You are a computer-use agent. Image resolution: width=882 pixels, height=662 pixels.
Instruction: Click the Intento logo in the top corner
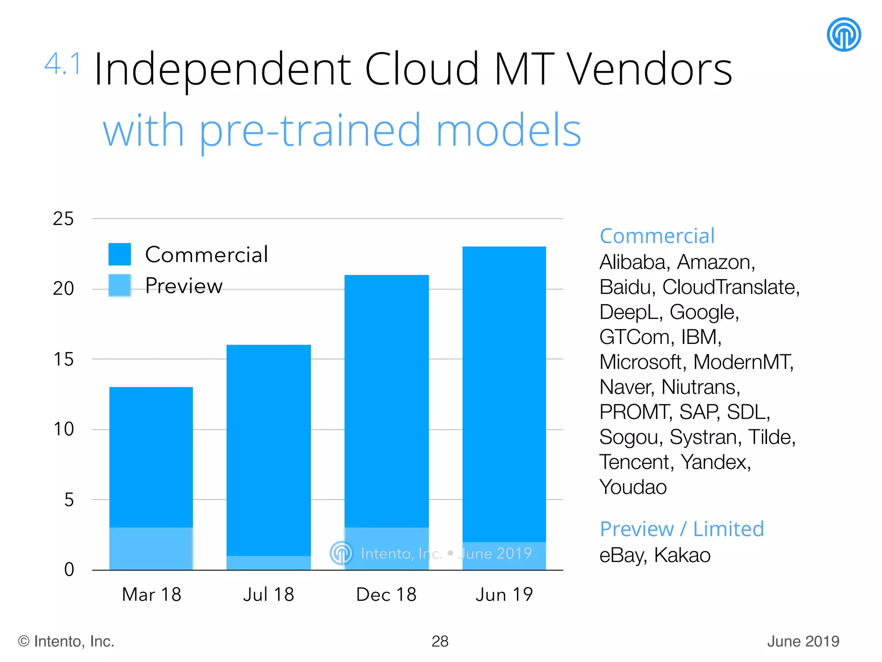(x=843, y=34)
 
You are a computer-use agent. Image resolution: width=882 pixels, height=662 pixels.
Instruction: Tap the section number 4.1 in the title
(x=63, y=64)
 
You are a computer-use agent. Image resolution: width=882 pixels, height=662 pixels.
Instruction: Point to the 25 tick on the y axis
(x=63, y=219)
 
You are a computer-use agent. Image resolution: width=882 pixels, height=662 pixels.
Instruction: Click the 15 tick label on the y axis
(x=63, y=359)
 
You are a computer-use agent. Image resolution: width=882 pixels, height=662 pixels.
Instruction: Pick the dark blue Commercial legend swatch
(x=120, y=254)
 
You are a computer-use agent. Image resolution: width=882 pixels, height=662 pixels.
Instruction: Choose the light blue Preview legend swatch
(x=120, y=285)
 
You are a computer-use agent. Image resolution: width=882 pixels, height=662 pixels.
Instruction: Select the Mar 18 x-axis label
(x=152, y=595)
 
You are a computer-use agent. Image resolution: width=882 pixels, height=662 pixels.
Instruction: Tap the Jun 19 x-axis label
(x=504, y=595)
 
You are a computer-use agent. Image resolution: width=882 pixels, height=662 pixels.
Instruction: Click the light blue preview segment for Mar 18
(x=151, y=548)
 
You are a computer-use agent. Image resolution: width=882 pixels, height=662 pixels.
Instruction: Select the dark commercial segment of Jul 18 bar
(x=268, y=448)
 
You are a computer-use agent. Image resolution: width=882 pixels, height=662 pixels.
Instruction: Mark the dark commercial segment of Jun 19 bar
(x=504, y=388)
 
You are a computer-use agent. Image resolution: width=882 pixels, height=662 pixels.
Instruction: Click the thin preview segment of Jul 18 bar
(x=268, y=563)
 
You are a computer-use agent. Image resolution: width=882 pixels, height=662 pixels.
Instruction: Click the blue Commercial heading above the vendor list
(x=657, y=236)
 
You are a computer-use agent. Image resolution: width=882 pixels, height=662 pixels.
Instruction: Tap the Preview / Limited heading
(x=681, y=529)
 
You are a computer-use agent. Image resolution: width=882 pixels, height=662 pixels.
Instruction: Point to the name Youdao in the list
(x=633, y=487)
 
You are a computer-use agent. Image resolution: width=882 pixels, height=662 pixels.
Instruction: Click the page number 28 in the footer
(x=440, y=641)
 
